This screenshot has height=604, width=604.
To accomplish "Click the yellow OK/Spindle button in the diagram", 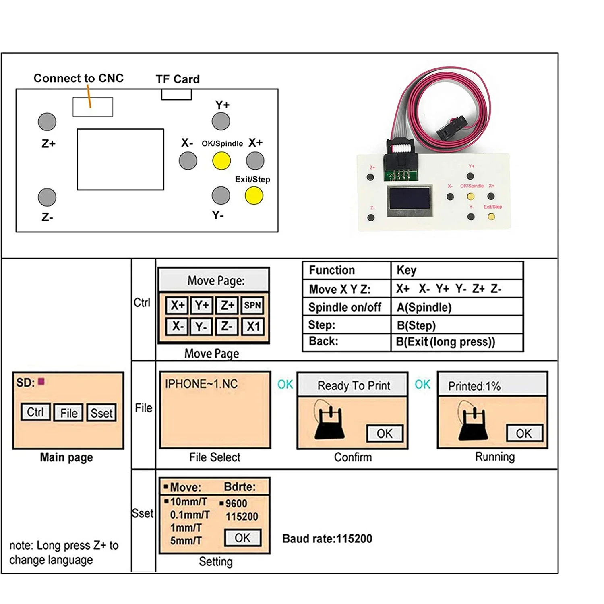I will [221, 161].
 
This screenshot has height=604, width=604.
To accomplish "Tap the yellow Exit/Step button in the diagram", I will [254, 196].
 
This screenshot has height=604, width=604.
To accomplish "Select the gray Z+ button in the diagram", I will [47, 122].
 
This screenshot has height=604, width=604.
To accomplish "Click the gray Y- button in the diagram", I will [221, 196].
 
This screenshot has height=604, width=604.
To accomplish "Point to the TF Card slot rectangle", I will [176, 95].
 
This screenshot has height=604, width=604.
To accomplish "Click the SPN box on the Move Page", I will [252, 305].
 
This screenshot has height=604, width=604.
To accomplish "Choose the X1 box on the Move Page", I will [253, 326].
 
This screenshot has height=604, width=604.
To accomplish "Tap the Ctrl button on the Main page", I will [35, 412].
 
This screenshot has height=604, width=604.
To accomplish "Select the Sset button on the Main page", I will [101, 413].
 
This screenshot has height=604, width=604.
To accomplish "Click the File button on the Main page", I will [68, 413].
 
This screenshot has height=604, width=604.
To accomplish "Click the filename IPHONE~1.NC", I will [201, 384].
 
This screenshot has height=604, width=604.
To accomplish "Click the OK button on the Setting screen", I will [242, 538].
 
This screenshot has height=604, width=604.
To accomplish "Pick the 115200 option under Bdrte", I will [242, 517].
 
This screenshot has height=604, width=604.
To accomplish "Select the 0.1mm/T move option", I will [190, 515].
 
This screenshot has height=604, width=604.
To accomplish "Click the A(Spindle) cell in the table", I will [424, 308].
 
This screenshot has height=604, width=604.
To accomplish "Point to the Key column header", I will [406, 270].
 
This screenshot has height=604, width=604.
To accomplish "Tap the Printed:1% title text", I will [474, 386].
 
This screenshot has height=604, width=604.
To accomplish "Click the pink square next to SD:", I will [41, 381].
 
